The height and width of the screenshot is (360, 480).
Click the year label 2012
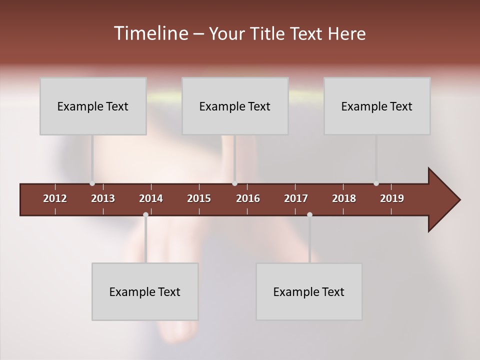(x=55, y=198)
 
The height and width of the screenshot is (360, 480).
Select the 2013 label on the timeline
(x=103, y=198)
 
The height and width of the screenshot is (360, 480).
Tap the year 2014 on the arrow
(x=151, y=198)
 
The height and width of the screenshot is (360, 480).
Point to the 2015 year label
(x=199, y=198)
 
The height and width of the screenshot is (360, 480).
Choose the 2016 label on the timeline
(x=248, y=198)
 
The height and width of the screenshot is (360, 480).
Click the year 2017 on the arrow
(x=296, y=198)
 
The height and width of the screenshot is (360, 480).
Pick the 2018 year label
(x=344, y=198)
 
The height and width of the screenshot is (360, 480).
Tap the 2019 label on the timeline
(x=392, y=198)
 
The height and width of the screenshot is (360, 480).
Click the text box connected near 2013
(x=93, y=106)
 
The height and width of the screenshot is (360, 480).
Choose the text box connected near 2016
(x=235, y=106)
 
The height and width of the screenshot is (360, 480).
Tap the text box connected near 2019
(x=377, y=106)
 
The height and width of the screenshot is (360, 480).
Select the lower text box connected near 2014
(x=145, y=291)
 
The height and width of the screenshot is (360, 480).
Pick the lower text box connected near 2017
(x=309, y=291)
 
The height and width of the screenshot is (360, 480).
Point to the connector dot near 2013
(x=92, y=183)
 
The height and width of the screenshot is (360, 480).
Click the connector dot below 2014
(x=145, y=215)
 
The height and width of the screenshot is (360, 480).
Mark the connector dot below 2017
(x=309, y=215)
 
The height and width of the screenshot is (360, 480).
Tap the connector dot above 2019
(x=376, y=183)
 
